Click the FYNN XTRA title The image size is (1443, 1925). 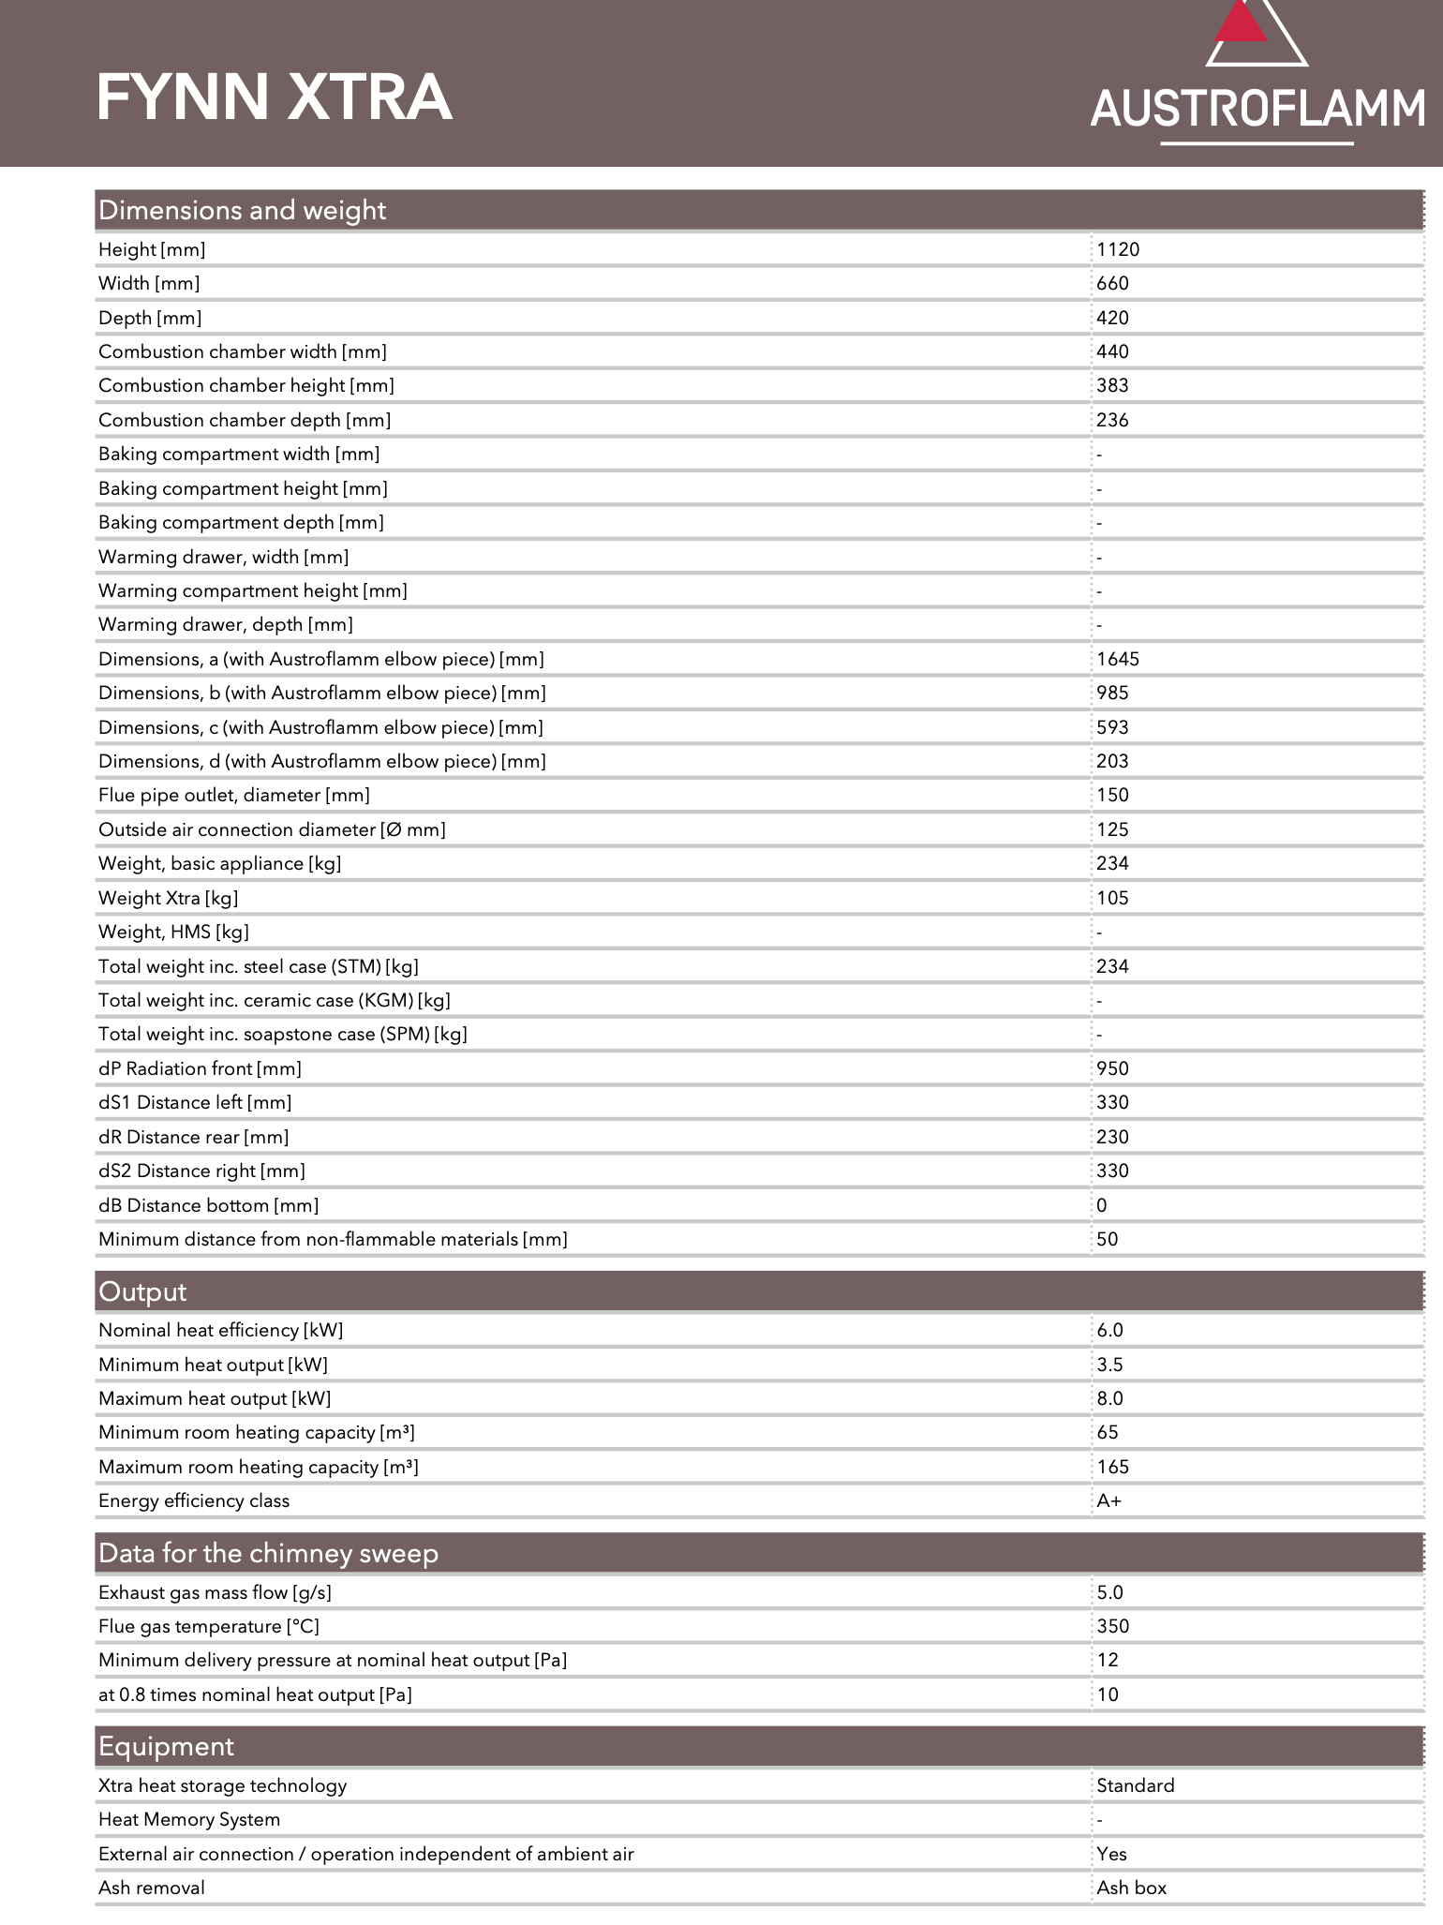click(275, 97)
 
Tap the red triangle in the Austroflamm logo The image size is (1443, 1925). click(1241, 23)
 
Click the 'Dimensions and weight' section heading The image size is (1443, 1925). click(242, 210)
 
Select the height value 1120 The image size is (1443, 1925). click(1118, 249)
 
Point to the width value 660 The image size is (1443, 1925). click(1112, 283)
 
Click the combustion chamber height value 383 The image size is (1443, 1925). click(1112, 385)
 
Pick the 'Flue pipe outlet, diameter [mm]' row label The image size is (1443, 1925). click(234, 795)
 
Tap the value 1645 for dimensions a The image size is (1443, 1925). click(1118, 659)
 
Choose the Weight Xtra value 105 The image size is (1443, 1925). click(1112, 898)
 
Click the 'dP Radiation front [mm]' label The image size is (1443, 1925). click(200, 1068)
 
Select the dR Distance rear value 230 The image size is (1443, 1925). click(1112, 1137)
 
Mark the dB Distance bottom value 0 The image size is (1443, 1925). click(1102, 1205)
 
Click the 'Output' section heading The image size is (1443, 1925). click(142, 1291)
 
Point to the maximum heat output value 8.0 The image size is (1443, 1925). click(1109, 1398)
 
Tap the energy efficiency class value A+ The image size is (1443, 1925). click(1108, 1500)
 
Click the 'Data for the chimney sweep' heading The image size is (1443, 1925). click(268, 1553)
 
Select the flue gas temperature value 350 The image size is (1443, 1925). click(1112, 1626)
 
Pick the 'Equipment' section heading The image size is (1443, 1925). click(166, 1746)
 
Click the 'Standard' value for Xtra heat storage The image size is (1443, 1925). click(1135, 1785)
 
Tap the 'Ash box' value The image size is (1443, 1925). click(1131, 1888)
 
